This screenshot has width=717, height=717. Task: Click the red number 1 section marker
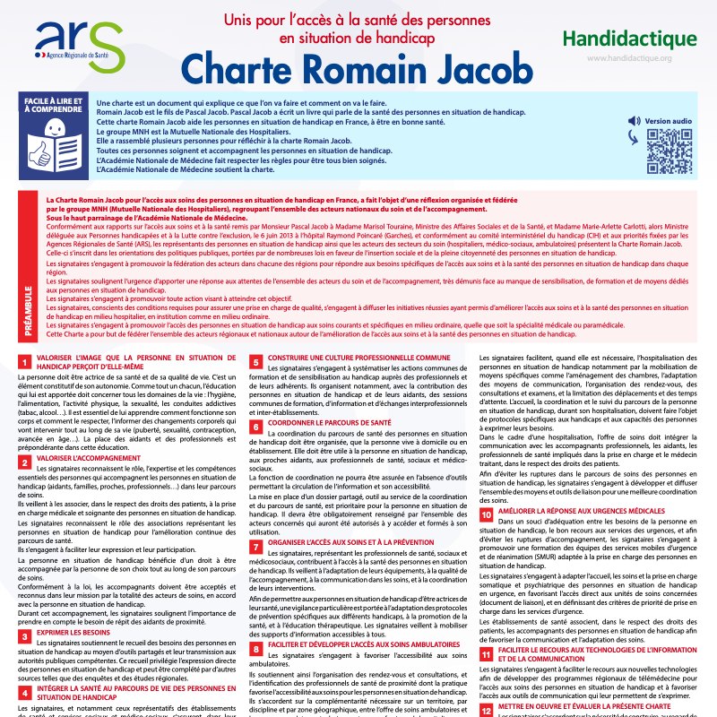coord(24,361)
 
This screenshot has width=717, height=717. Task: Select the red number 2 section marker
coord(24,462)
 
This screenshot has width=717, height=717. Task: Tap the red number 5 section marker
coord(255,361)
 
